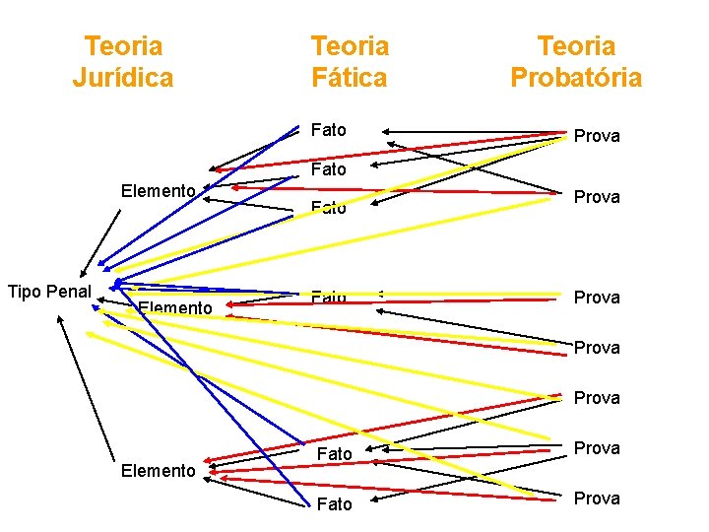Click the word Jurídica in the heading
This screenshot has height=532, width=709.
click(x=122, y=77)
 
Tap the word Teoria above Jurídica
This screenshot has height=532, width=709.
click(x=123, y=45)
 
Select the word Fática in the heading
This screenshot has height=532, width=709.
click(x=350, y=77)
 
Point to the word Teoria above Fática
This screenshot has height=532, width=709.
click(x=350, y=45)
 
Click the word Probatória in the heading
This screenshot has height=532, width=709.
click(x=576, y=77)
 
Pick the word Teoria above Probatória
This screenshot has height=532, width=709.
click(x=576, y=45)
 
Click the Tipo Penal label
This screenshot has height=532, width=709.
click(x=48, y=291)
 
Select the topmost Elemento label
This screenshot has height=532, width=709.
click(x=158, y=190)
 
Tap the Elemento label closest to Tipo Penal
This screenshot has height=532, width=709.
click(x=175, y=308)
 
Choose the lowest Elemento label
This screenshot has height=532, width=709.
click(x=158, y=471)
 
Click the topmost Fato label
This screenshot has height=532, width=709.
click(x=328, y=129)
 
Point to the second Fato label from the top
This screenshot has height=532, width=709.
click(x=328, y=169)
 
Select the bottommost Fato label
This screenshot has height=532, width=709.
click(x=335, y=504)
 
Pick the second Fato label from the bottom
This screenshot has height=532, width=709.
click(x=335, y=454)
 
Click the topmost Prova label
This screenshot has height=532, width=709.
click(x=597, y=136)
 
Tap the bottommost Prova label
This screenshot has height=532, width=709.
click(x=597, y=499)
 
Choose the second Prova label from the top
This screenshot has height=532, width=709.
click(x=597, y=197)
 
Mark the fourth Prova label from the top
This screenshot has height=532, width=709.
click(x=597, y=348)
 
